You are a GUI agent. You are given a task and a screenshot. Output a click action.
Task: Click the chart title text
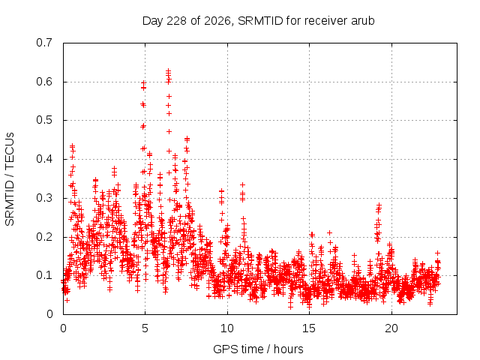tap(258, 21)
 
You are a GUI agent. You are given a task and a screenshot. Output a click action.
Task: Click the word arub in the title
tap(363, 21)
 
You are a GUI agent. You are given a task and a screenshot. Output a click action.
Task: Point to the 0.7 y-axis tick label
tap(44, 43)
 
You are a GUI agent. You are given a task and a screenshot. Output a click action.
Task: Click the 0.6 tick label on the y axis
tap(44, 82)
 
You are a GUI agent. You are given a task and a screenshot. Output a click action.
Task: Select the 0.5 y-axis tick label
tap(44, 120)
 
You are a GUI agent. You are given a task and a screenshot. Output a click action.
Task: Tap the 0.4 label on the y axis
tap(44, 159)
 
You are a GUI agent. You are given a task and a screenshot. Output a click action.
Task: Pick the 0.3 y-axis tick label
tap(44, 198)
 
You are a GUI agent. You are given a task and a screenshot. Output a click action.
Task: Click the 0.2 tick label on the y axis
tap(44, 237)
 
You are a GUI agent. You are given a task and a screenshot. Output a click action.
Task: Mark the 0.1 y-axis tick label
tap(44, 275)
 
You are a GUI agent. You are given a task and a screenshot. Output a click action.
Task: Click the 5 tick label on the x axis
tap(145, 328)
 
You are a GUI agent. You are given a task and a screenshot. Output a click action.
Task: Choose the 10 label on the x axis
tap(226, 328)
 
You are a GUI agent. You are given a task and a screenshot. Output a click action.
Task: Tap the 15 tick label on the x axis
tap(309, 328)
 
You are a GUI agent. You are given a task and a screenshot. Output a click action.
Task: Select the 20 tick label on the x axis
tap(391, 328)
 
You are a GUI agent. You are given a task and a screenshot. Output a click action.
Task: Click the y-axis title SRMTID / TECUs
tap(10, 179)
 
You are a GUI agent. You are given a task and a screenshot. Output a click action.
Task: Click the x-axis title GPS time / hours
tap(258, 349)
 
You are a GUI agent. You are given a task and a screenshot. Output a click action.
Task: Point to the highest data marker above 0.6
tap(168, 70)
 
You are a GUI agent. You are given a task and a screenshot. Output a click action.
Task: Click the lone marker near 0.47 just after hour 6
tap(169, 132)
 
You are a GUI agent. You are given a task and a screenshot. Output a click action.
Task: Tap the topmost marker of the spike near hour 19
tap(379, 205)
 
